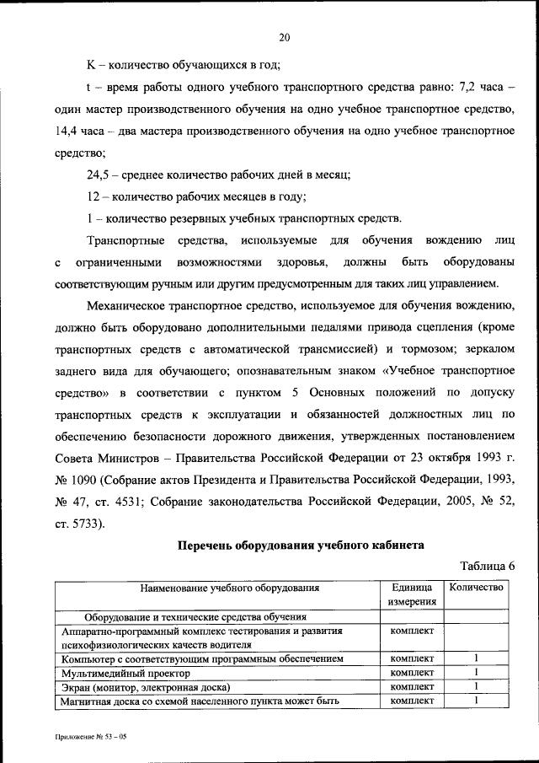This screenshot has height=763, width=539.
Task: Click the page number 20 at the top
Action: [284, 36]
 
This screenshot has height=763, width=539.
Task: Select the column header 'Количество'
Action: [476, 588]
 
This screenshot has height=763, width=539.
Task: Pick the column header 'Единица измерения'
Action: [412, 594]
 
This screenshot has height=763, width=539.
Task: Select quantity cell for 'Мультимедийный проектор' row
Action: [476, 673]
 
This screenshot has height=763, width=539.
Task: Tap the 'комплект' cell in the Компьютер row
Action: [412, 658]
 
